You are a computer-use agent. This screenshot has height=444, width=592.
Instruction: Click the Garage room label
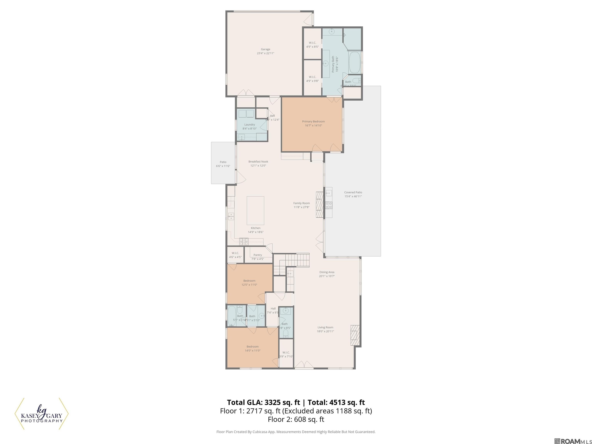(266, 49)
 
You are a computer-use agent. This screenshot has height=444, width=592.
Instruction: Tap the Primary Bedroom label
(313, 122)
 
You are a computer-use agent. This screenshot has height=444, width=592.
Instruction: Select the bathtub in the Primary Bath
(355, 62)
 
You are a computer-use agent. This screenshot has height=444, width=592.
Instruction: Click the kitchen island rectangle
(255, 210)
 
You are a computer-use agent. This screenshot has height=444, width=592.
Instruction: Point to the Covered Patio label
(353, 193)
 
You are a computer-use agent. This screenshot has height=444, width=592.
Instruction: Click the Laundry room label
(249, 125)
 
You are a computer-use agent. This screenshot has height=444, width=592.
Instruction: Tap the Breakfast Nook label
(258, 162)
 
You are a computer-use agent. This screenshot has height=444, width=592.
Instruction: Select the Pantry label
(257, 255)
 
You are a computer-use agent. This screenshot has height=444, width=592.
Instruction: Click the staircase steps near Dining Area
(297, 260)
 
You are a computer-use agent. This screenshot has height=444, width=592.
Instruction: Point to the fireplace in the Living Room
(355, 335)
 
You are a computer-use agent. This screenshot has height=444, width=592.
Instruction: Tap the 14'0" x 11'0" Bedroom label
(252, 346)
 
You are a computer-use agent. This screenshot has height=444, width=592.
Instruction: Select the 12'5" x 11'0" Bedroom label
(249, 281)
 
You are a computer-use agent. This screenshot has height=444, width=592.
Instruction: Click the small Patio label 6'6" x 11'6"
(223, 166)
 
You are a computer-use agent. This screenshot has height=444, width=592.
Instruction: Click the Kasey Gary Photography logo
(41, 414)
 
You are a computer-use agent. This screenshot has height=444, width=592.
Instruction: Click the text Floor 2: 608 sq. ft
(296, 419)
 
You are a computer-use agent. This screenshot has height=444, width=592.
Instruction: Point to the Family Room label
(301, 203)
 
